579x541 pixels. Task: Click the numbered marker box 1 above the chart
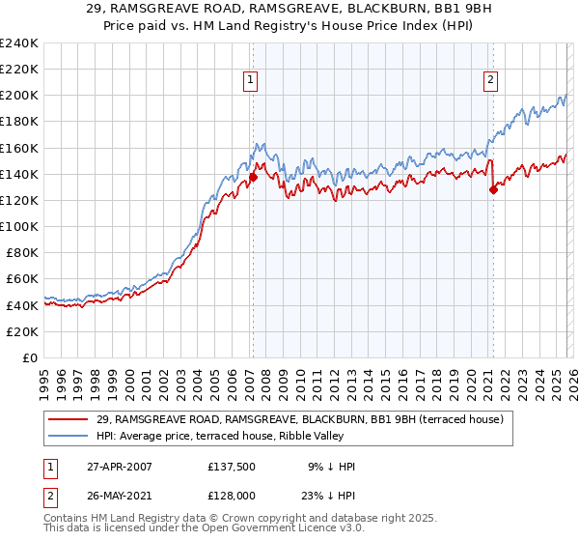point(250,80)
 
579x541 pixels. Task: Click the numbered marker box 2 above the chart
point(491,80)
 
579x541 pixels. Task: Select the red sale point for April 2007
point(253,177)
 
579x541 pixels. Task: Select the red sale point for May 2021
point(493,189)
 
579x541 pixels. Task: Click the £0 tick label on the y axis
point(30,357)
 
